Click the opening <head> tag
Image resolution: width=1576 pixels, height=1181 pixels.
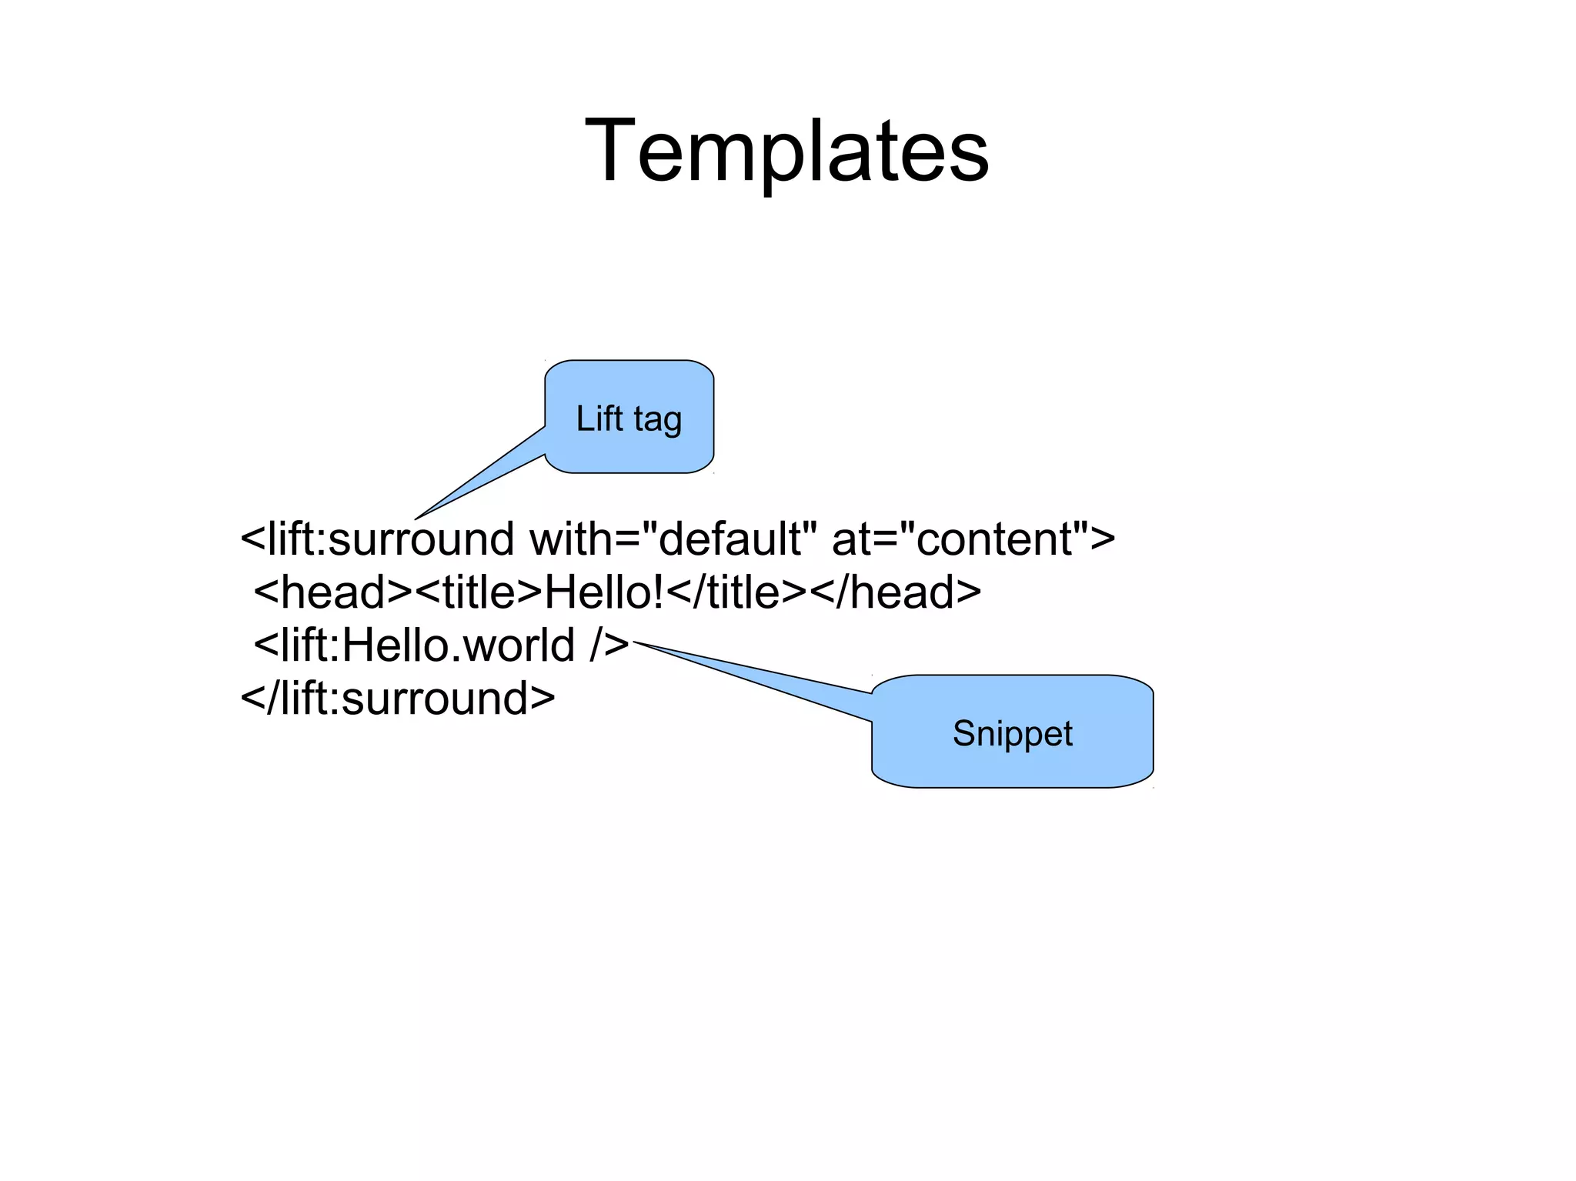pos(333,592)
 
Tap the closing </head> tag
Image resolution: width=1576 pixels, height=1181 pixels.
pos(896,592)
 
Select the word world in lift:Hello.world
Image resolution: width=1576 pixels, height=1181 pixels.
pos(519,646)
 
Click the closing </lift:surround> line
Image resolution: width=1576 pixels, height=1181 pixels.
pos(397,699)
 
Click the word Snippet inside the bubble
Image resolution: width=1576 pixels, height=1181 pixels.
pos(1013,733)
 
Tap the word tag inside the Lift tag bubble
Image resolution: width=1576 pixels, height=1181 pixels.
pos(658,420)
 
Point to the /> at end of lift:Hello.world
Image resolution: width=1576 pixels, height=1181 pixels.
pos(610,646)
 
